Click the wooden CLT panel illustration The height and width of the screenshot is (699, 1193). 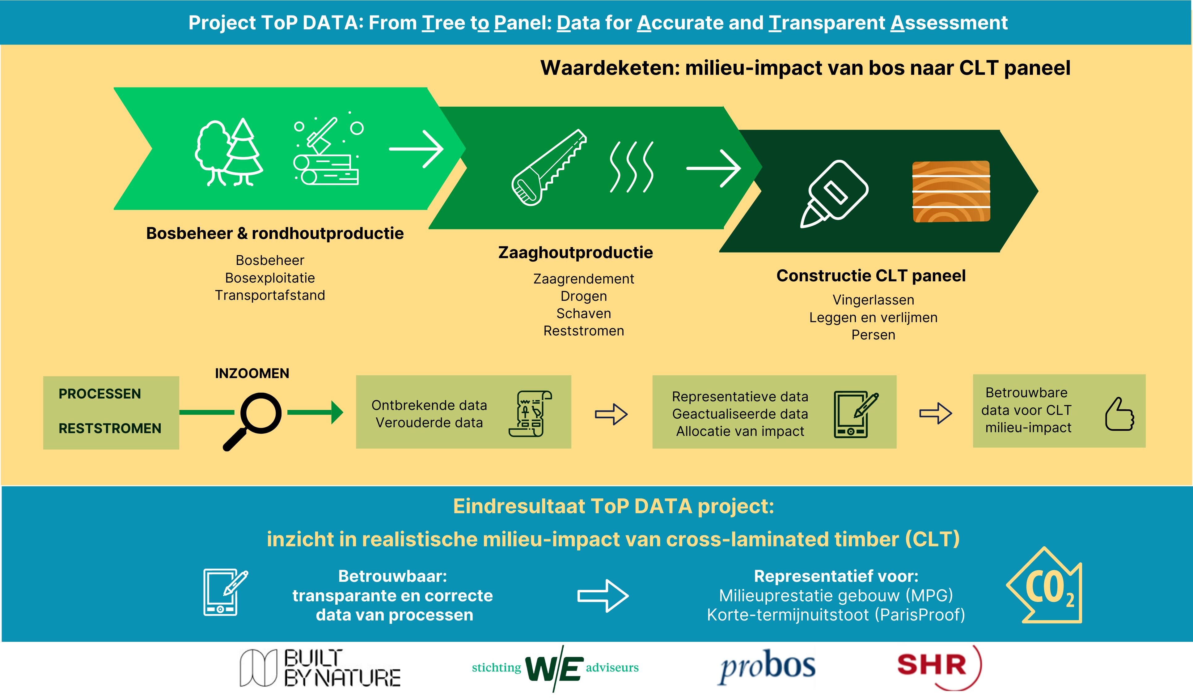[951, 191]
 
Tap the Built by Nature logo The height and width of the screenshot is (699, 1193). [320, 668]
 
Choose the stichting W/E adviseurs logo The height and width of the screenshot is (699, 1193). [555, 668]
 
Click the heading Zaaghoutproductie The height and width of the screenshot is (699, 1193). [575, 252]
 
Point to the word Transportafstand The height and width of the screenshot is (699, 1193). [270, 295]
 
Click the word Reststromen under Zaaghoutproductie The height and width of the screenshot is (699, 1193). [584, 330]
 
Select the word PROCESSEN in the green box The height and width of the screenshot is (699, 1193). [100, 394]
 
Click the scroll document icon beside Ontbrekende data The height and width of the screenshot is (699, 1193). [530, 413]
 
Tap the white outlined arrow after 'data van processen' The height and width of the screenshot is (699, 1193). [603, 596]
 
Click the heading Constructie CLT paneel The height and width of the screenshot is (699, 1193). [871, 276]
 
